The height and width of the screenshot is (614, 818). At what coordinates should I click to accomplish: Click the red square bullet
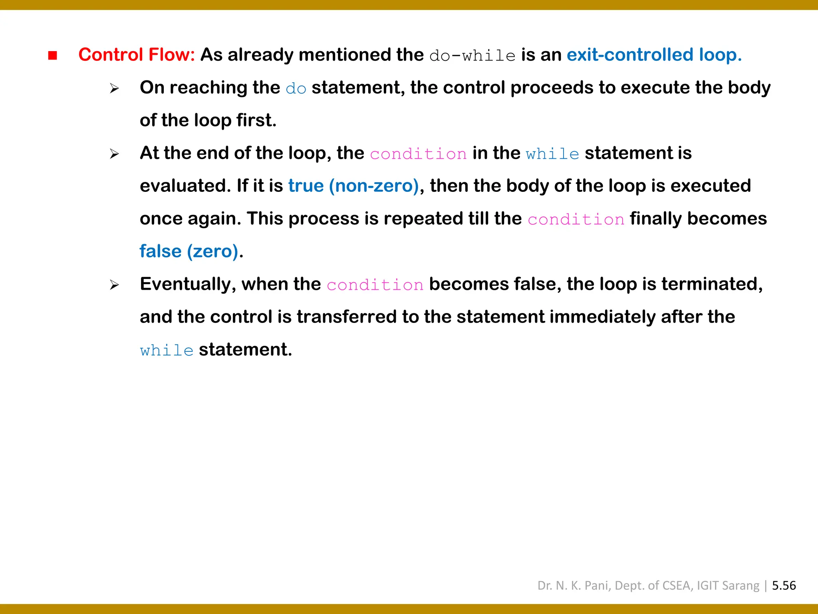tap(52, 55)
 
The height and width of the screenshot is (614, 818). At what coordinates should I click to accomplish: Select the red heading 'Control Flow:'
tap(137, 55)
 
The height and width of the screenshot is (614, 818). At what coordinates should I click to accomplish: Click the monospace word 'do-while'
tap(472, 56)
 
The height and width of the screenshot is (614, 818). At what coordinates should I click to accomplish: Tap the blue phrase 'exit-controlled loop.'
tap(654, 55)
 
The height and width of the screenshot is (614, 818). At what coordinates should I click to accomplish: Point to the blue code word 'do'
tap(296, 88)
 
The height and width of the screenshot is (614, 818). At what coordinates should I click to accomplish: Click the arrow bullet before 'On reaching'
tap(115, 88)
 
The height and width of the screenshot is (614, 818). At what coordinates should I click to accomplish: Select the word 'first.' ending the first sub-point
tap(256, 120)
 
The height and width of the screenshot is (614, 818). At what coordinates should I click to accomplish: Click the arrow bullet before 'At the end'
tap(115, 154)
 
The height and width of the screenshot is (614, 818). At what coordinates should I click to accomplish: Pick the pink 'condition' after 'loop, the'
tap(418, 154)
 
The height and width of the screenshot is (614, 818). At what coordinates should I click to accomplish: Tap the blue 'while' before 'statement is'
tap(552, 154)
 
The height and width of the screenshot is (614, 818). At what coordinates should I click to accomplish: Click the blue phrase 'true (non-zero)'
tap(353, 186)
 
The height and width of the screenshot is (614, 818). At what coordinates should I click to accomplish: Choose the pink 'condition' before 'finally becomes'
tap(576, 219)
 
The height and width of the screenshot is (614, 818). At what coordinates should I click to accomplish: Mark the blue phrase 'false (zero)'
tap(189, 251)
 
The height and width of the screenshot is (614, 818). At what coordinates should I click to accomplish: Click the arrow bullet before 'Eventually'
tap(115, 285)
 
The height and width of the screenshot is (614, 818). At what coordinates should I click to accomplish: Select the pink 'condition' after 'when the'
tap(375, 285)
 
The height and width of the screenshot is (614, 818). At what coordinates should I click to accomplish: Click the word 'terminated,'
tap(712, 284)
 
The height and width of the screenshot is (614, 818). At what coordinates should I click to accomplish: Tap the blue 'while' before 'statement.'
tap(167, 351)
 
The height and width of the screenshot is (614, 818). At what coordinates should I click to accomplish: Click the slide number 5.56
tap(784, 586)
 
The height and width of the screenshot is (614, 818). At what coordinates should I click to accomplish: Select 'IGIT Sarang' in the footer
tap(728, 586)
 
